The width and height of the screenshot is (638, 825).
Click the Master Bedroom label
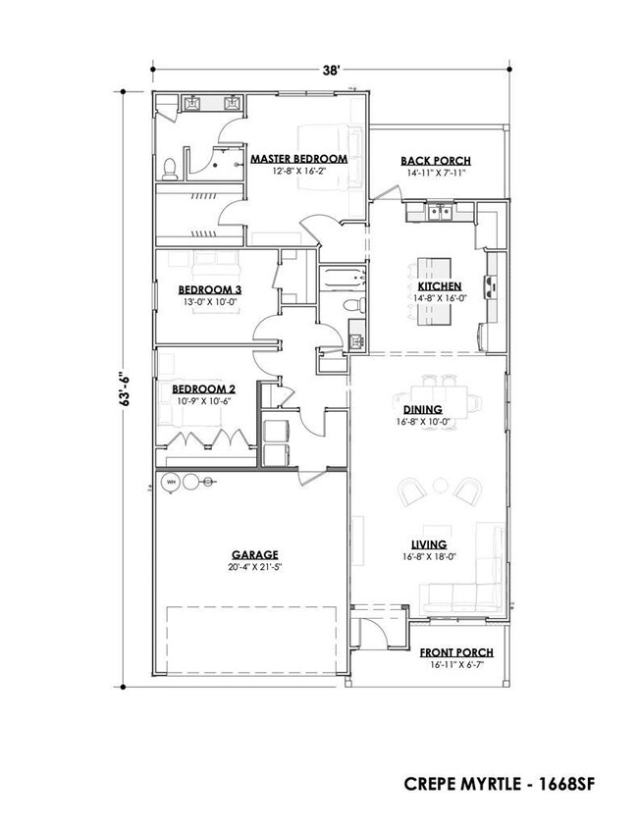point(298,158)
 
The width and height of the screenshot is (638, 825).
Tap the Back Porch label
point(436,161)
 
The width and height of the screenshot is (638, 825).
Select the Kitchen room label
point(440,286)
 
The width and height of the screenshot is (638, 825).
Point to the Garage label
point(255,554)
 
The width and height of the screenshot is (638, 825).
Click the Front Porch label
point(456,652)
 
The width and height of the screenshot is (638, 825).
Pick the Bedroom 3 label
point(209,289)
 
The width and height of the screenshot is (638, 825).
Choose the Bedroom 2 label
point(204,388)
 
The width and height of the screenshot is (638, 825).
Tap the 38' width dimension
point(332,71)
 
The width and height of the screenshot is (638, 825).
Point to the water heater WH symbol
point(171,482)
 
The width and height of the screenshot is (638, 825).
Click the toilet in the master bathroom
point(170,169)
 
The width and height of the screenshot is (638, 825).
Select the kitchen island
point(434,291)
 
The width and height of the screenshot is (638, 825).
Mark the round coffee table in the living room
point(440,487)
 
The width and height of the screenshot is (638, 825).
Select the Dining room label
point(423,409)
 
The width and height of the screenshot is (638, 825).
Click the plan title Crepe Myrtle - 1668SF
point(499,784)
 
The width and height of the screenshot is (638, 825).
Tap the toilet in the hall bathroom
point(354,303)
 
